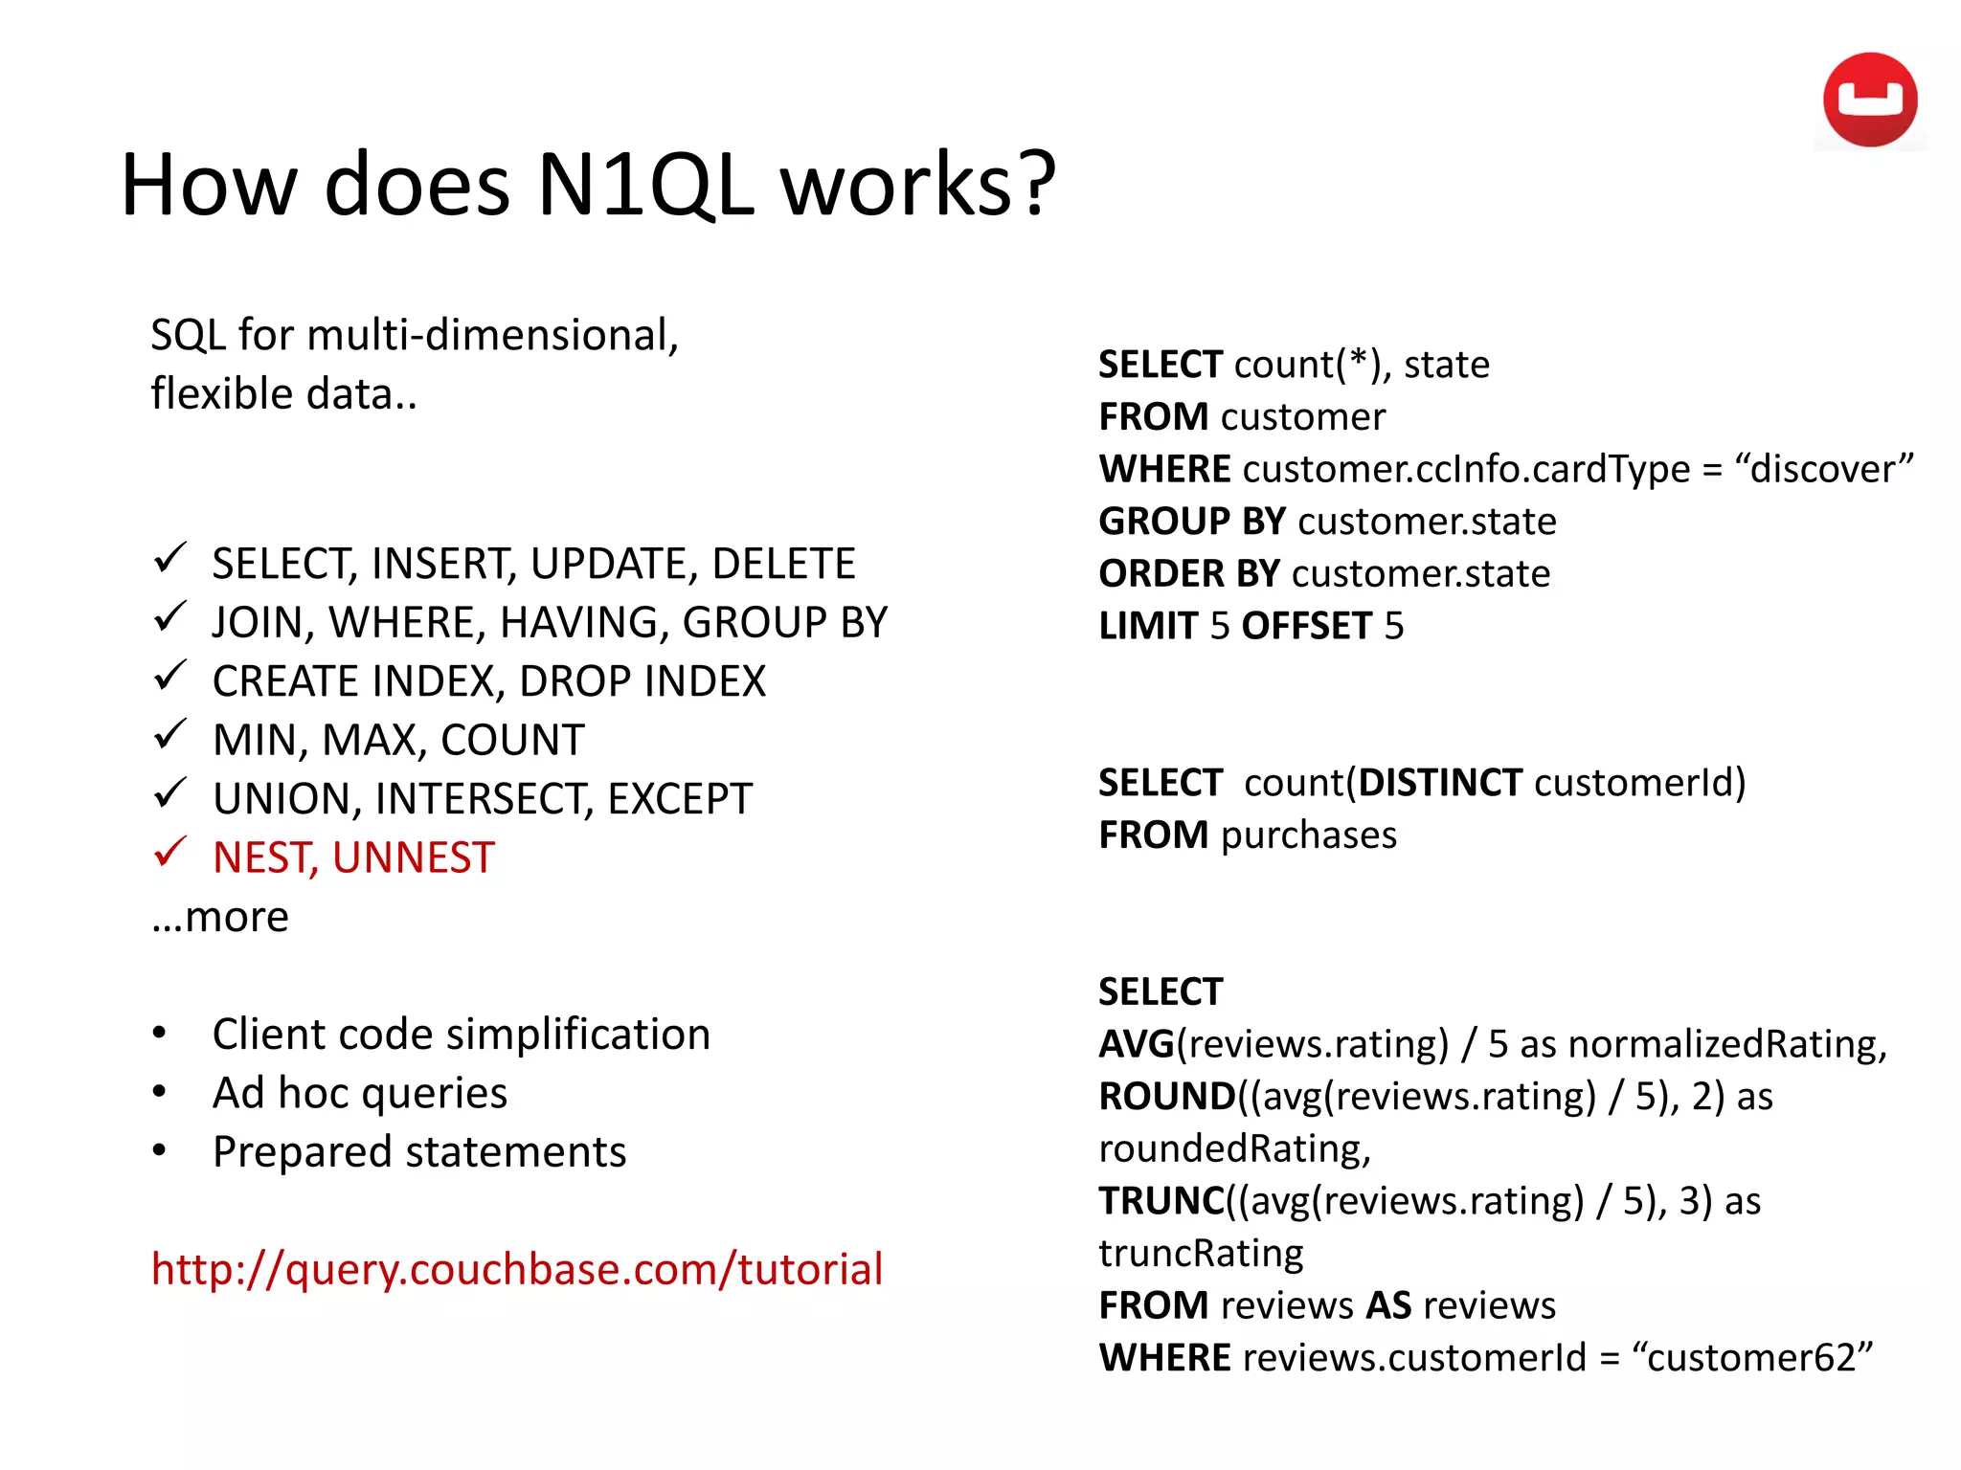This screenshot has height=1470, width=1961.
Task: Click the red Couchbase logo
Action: (x=1869, y=100)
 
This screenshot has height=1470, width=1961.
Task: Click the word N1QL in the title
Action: (x=644, y=185)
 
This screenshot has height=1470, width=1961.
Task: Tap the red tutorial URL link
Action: (x=516, y=1269)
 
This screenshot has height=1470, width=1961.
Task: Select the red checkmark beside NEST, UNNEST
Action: (x=169, y=852)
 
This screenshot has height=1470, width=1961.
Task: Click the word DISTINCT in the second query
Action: (x=1439, y=783)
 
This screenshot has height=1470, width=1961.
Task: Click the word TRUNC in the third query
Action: (x=1161, y=1200)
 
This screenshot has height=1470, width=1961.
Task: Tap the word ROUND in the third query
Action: (x=1167, y=1096)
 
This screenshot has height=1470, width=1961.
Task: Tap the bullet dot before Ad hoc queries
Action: (x=160, y=1092)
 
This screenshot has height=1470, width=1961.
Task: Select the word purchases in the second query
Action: (x=1308, y=835)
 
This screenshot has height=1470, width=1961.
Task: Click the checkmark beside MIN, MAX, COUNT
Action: (x=169, y=735)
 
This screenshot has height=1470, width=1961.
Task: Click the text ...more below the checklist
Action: (x=220, y=917)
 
